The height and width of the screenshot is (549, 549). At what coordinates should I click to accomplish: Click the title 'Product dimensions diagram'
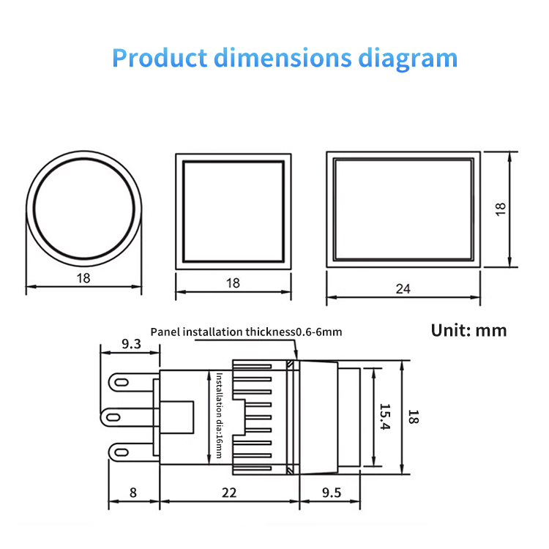click(x=285, y=58)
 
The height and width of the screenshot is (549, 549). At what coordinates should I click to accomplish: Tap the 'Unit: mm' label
click(x=468, y=329)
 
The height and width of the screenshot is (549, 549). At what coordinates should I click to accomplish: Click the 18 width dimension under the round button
click(x=83, y=277)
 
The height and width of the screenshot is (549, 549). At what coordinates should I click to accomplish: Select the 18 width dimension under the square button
click(x=233, y=283)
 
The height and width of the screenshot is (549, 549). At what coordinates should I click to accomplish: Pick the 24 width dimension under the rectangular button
click(x=403, y=288)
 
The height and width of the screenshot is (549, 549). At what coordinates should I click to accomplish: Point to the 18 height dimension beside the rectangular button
click(x=500, y=209)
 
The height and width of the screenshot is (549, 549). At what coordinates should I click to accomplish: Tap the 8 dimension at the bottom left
click(x=132, y=493)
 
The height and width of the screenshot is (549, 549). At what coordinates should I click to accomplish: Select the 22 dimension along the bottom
click(x=229, y=493)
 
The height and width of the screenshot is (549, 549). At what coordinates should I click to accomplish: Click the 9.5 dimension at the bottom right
click(x=331, y=493)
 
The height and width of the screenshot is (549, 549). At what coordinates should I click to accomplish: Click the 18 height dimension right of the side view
click(x=414, y=417)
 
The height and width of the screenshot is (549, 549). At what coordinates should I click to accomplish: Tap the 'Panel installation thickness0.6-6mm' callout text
click(x=246, y=332)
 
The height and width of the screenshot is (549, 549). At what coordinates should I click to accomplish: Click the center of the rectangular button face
click(x=403, y=209)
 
